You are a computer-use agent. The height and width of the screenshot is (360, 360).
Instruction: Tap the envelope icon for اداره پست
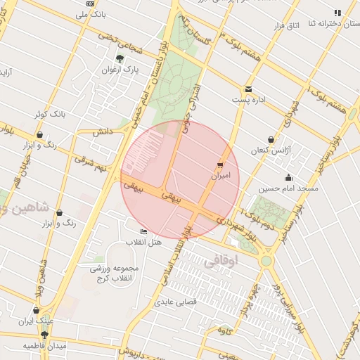[249, 89]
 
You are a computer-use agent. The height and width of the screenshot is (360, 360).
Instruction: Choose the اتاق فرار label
[305, 26]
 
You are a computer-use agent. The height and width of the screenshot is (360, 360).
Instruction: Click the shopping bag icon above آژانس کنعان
[271, 139]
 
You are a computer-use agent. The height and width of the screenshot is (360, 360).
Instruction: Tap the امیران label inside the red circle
[225, 176]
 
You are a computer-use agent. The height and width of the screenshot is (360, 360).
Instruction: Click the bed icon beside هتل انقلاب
[144, 231]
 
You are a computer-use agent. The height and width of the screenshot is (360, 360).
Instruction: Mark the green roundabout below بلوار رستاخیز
[266, 261]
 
